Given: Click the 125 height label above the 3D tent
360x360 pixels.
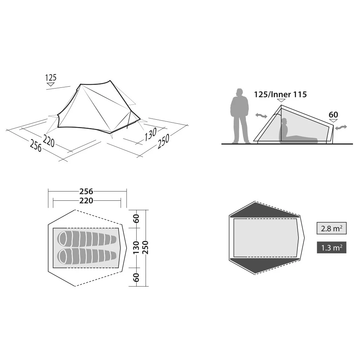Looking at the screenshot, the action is (51, 78).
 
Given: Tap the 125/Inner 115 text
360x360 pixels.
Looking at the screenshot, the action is (280, 94).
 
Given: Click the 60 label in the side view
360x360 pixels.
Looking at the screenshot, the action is (333, 114).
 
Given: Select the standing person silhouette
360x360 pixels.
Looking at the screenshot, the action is (240, 116).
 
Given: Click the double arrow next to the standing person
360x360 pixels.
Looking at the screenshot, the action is (261, 116).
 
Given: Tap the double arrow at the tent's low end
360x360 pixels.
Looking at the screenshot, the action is (341, 127).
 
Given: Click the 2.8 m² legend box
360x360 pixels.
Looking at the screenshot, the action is (331, 228).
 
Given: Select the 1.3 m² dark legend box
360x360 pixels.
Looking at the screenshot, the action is (331, 247).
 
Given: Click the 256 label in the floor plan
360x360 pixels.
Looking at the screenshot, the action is (86, 191).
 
